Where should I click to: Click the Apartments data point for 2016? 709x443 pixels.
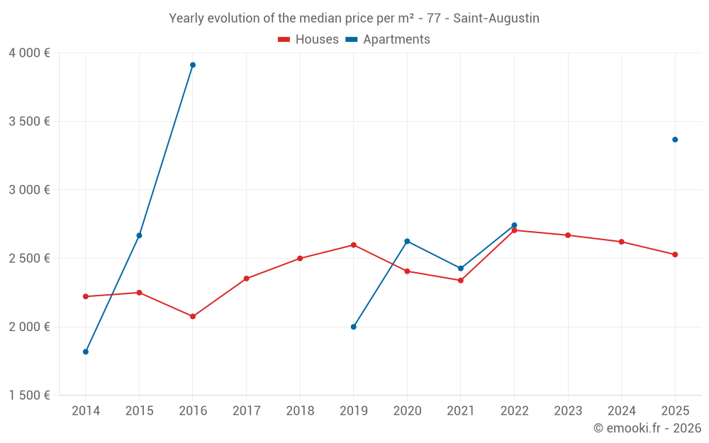193,65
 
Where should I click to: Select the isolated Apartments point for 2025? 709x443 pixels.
675,140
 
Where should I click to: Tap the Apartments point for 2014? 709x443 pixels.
86,352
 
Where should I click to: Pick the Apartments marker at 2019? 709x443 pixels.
354,327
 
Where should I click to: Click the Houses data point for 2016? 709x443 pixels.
193,316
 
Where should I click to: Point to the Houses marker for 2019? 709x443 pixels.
354,245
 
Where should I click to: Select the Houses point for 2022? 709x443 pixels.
514,230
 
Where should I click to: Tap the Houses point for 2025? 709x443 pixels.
675,254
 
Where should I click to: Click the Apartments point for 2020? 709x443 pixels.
407,241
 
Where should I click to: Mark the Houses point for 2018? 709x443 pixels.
300,258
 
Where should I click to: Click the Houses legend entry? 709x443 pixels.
308,40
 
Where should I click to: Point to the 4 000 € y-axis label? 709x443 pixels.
29,53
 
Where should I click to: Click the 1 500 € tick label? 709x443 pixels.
29,396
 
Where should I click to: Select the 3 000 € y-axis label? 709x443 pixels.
29,190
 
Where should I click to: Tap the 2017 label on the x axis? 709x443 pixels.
246,411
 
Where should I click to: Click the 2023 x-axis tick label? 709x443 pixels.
568,411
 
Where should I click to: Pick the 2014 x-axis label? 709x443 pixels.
86,411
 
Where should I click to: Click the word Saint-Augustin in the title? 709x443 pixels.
496,18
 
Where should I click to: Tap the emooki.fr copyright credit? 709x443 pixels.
647,428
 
